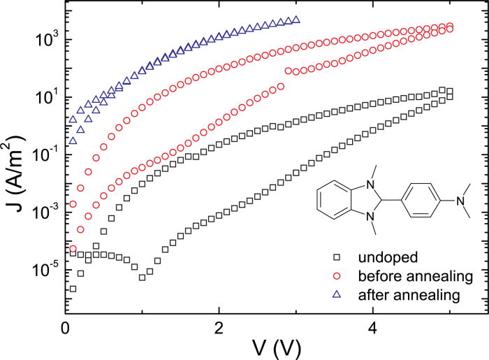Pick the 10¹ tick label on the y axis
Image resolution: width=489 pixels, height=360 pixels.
(x=44, y=96)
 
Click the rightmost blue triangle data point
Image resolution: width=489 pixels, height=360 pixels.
(x=297, y=20)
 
